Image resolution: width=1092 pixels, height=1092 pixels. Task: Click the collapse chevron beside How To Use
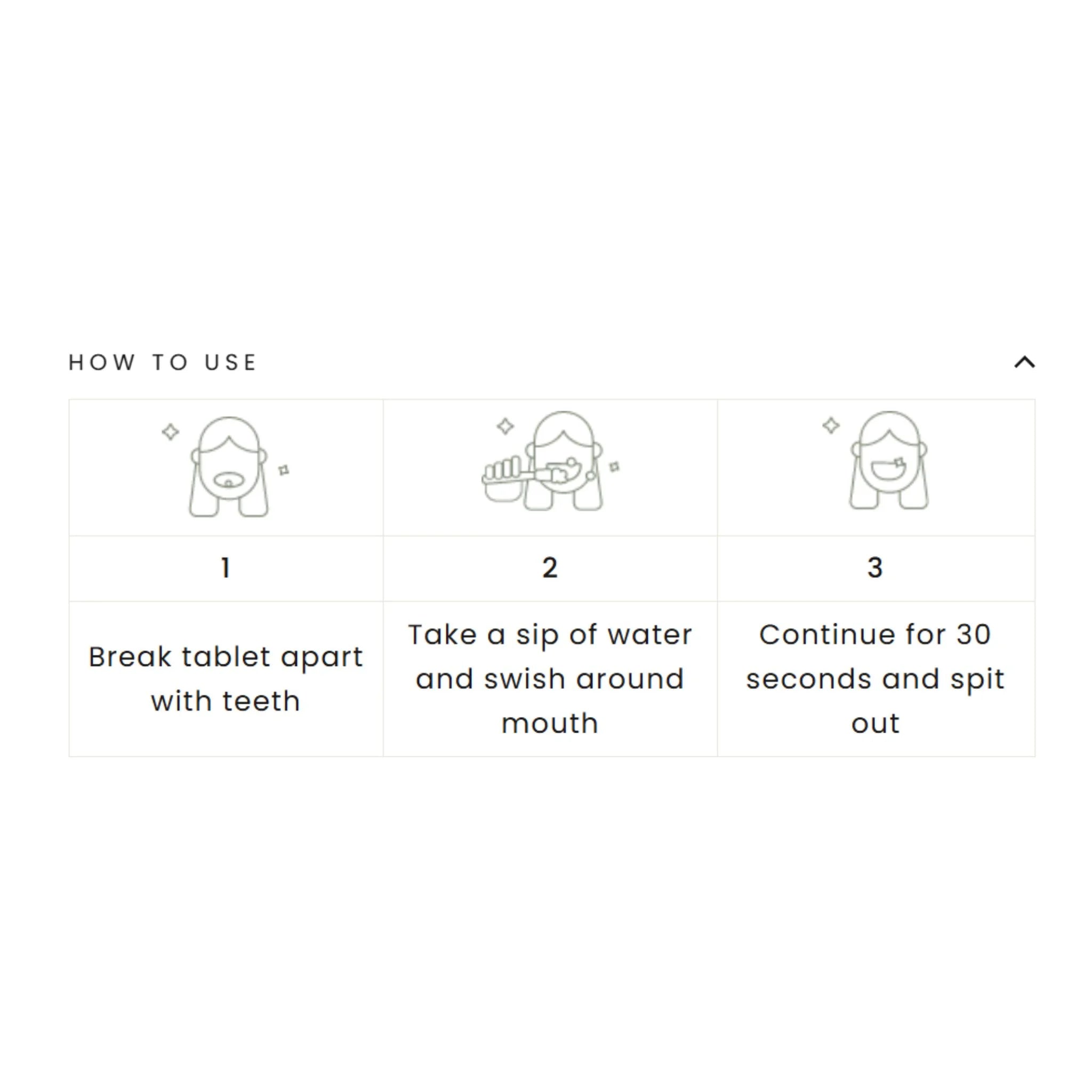tap(1024, 362)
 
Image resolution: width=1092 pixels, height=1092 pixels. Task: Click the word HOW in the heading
tap(102, 362)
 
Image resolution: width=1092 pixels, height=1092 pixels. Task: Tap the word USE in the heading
tap(230, 362)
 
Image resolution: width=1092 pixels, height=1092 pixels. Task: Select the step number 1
tap(226, 567)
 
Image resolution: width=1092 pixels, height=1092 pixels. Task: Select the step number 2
tap(550, 567)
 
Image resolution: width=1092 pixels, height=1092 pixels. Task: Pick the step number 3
tap(875, 567)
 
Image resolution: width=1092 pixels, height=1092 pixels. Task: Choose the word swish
tap(525, 679)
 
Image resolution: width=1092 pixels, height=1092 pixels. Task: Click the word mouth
tap(550, 724)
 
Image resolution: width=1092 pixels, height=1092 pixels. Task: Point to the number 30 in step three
tap(973, 635)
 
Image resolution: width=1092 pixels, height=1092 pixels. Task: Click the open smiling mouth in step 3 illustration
tap(888, 470)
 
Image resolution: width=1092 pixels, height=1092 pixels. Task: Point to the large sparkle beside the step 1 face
tap(170, 432)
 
